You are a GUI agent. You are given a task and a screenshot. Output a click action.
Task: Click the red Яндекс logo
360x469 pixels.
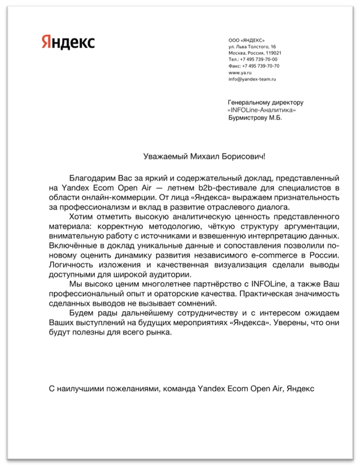pos(68,41)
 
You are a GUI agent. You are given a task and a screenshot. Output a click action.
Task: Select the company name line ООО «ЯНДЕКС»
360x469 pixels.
pos(246,41)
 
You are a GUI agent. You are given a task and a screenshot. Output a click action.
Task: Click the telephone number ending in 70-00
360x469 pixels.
pos(258,60)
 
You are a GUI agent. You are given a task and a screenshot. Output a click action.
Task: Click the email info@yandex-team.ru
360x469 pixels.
pos(252,79)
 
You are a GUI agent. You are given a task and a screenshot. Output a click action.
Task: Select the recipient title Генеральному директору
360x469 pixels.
pos(265,102)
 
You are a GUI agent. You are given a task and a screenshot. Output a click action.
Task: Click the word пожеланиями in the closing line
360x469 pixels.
pos(134,389)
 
